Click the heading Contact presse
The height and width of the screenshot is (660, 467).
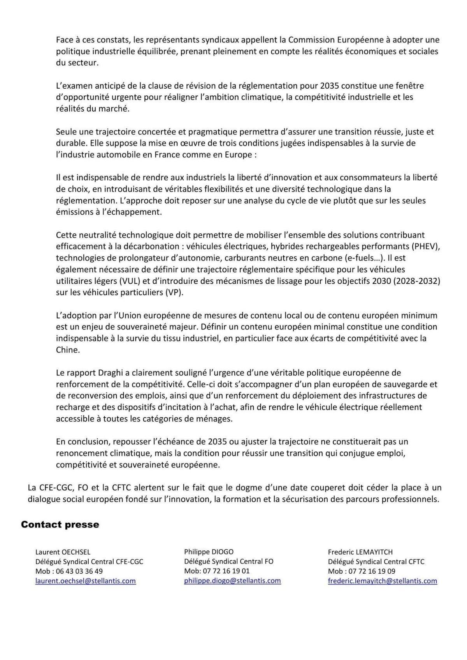pyautogui.click(x=60, y=525)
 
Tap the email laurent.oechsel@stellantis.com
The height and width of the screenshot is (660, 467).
pyautogui.click(x=85, y=581)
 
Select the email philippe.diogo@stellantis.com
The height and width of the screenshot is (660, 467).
pyautogui.click(x=232, y=581)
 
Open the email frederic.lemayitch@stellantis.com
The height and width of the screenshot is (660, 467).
pyautogui.click(x=382, y=581)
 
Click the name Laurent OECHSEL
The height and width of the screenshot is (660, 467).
pyautogui.click(x=63, y=552)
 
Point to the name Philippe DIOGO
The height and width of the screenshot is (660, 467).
pyautogui.click(x=209, y=551)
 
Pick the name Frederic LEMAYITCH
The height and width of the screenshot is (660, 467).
pyautogui.click(x=360, y=552)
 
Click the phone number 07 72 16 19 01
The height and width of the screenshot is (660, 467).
pyautogui.click(x=226, y=571)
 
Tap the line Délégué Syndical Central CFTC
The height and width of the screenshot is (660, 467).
pyautogui.click(x=376, y=562)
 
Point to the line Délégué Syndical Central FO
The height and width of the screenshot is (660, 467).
pyautogui.click(x=228, y=561)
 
